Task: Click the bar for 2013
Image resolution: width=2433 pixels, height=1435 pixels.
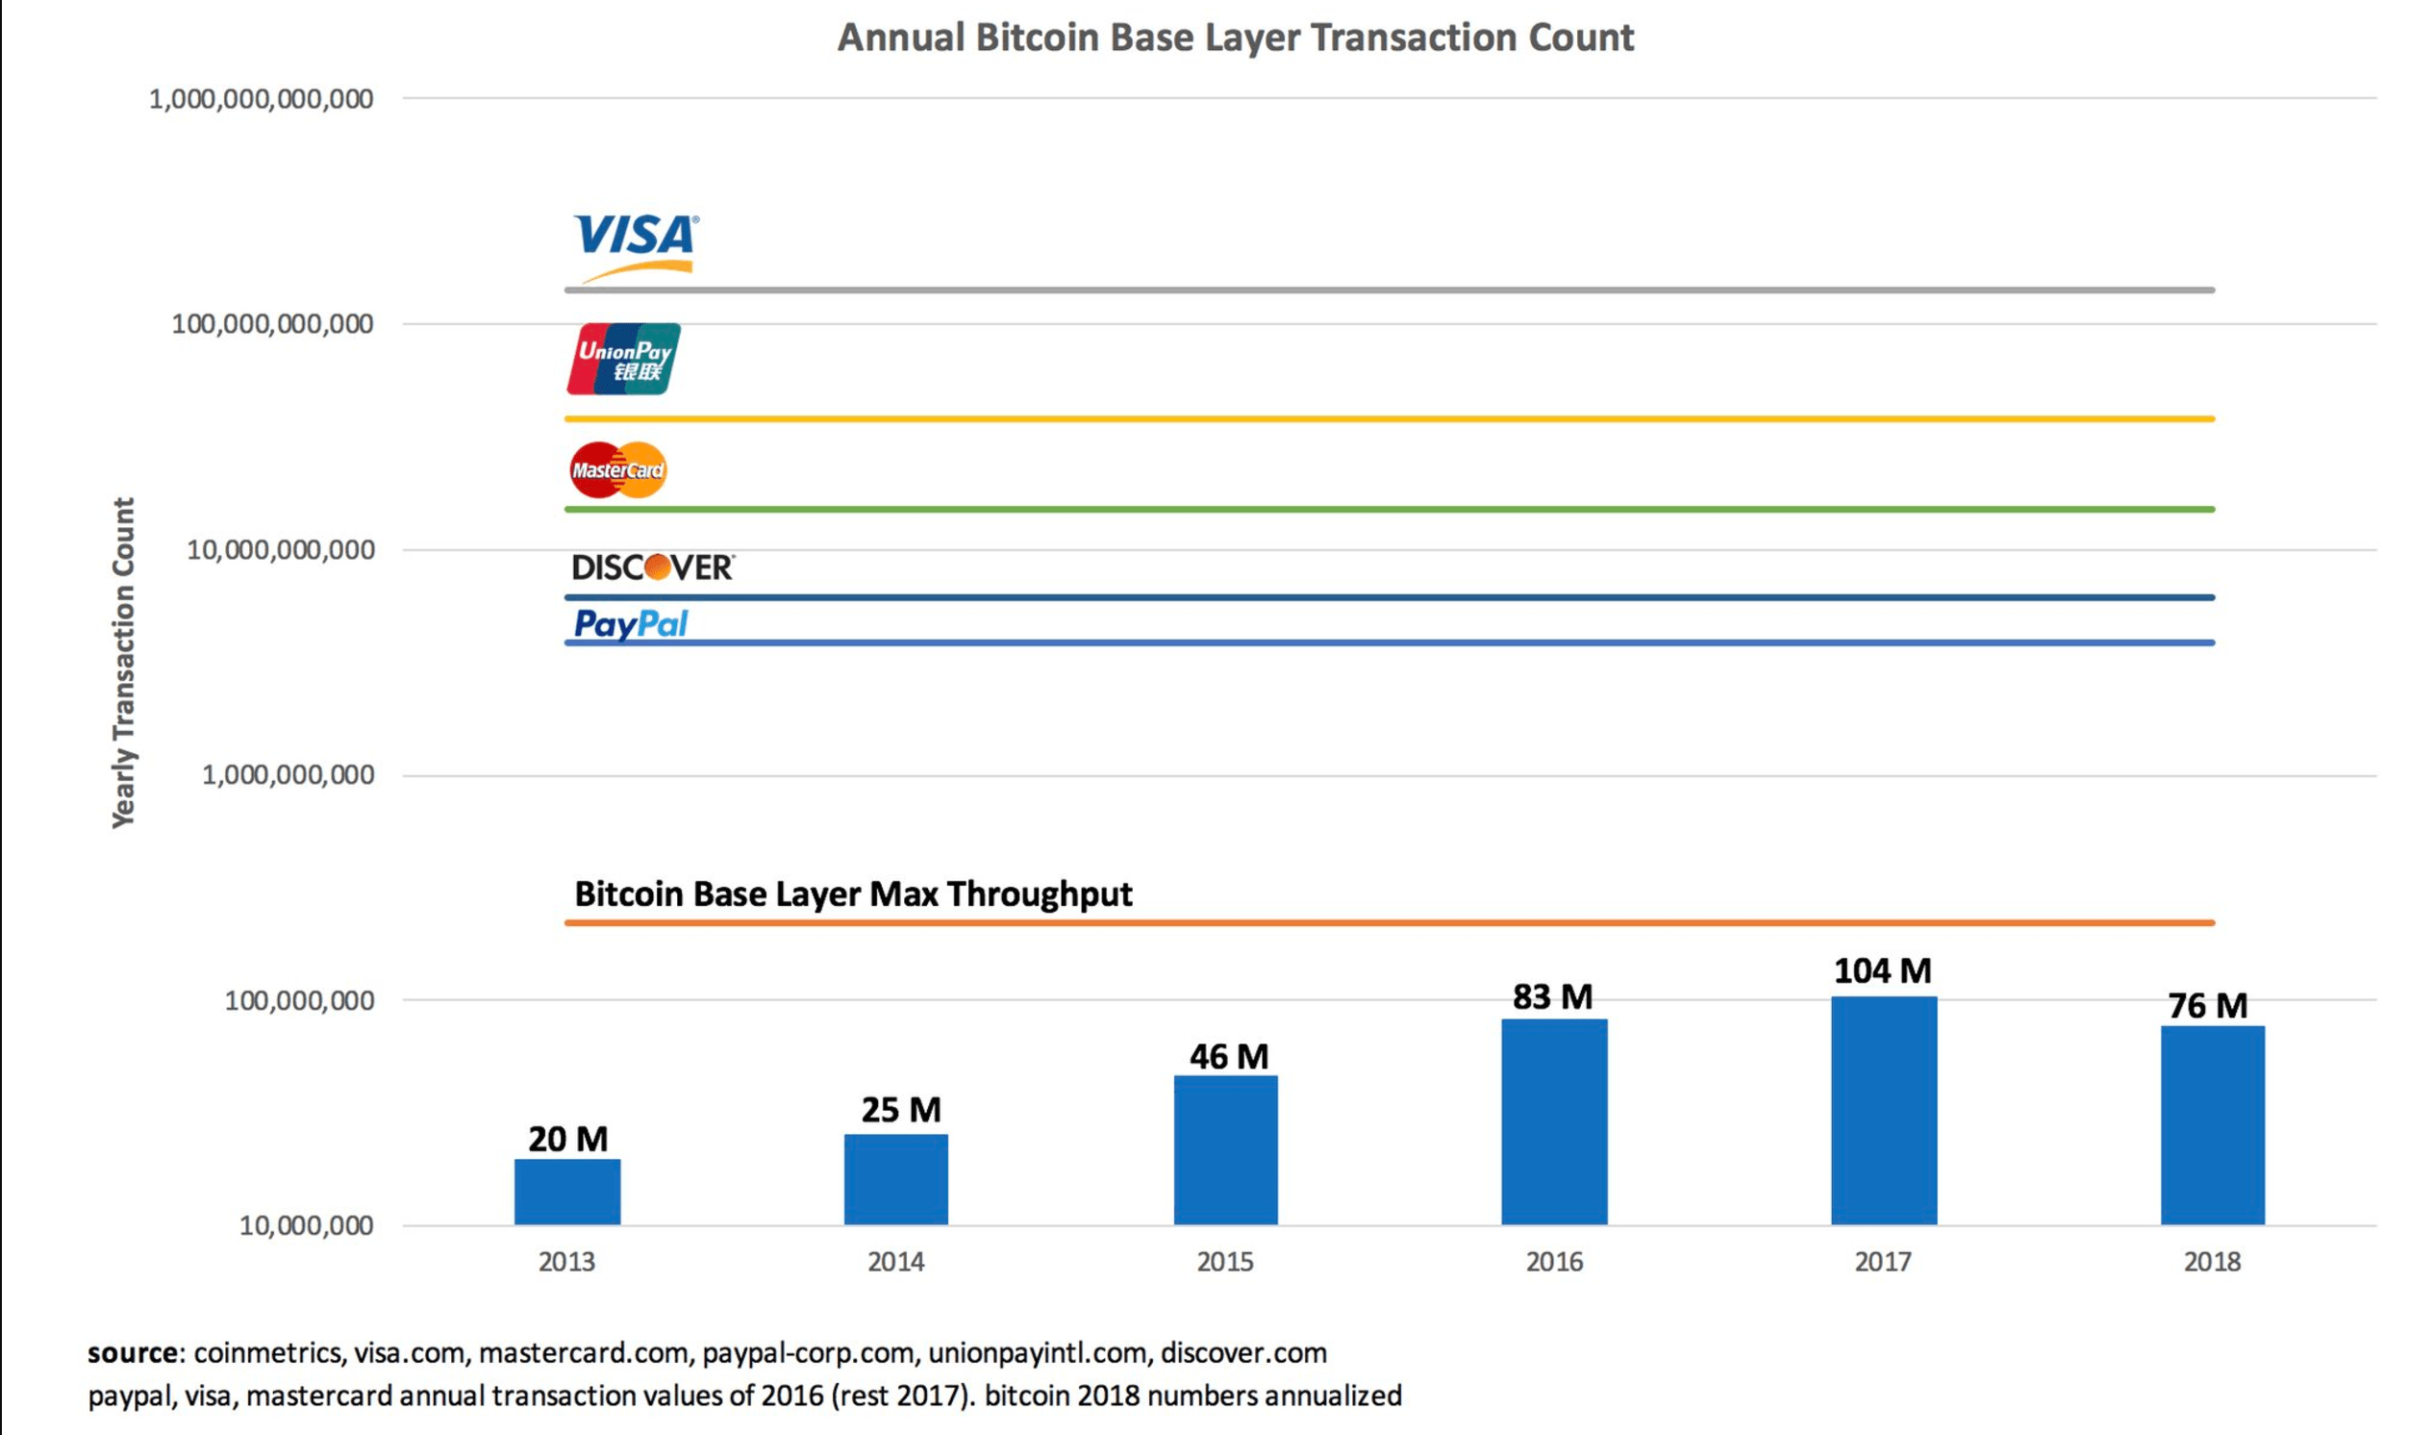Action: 567,1192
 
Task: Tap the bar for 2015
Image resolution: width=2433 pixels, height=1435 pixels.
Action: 1226,1149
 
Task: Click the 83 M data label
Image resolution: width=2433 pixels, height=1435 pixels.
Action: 1552,997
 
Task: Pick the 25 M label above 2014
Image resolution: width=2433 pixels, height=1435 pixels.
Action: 901,1109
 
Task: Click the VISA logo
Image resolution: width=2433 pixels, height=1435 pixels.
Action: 635,241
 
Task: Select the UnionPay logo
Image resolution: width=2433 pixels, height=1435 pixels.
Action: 623,359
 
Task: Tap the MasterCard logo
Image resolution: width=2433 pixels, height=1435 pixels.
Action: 617,470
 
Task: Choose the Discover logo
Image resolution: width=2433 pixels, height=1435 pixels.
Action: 652,566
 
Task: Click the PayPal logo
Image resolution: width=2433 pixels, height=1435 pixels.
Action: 630,623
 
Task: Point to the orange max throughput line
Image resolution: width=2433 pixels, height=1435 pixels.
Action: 1389,922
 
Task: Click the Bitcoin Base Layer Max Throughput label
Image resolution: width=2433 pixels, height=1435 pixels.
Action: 853,894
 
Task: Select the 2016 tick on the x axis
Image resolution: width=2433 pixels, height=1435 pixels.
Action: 1554,1261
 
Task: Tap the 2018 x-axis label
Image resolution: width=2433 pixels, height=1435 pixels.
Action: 2212,1261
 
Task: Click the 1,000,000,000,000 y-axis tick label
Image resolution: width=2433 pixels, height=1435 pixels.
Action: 261,99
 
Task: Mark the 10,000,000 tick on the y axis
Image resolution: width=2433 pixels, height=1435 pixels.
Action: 307,1225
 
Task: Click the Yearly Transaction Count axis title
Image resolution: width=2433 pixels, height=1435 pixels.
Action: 124,663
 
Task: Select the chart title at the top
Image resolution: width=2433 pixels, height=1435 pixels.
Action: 1236,38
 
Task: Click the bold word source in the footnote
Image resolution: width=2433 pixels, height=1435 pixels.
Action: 133,1352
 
